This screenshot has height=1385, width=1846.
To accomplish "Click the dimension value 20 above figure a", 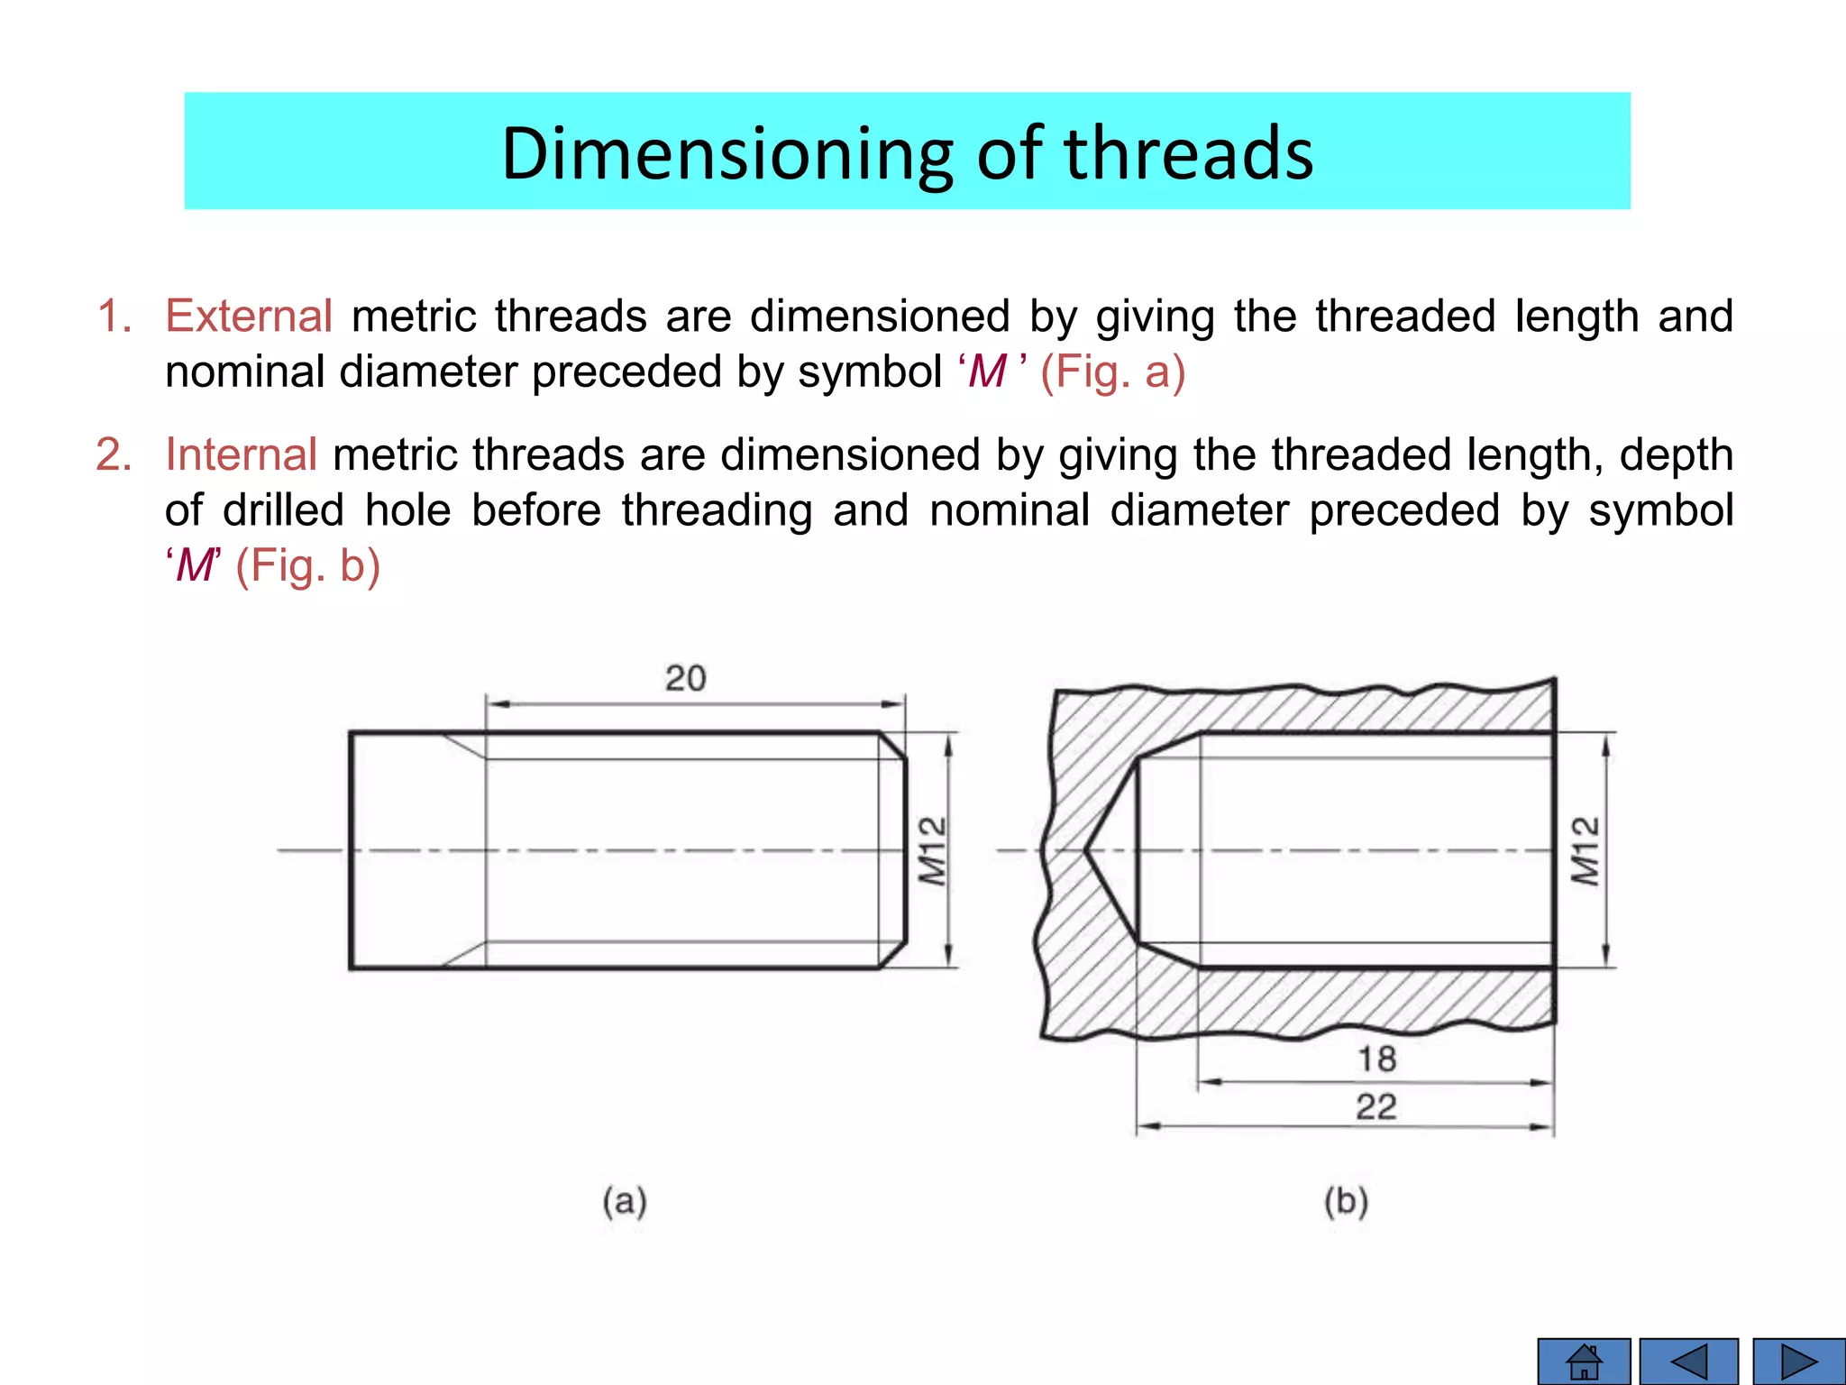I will tap(685, 678).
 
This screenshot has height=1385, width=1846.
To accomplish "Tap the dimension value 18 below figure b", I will tap(1376, 1059).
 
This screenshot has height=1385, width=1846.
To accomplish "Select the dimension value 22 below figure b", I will tap(1376, 1106).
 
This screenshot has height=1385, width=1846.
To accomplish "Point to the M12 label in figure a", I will tap(933, 851).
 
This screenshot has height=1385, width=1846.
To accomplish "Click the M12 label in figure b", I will tap(1586, 851).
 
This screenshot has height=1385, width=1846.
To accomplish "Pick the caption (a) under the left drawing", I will tap(625, 1202).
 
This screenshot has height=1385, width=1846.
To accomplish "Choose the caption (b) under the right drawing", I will tap(1346, 1202).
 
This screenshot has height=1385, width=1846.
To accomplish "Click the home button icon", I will tap(1584, 1362).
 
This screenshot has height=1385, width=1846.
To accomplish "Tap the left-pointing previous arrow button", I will tap(1688, 1362).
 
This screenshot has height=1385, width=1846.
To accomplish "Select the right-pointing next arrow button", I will tap(1799, 1362).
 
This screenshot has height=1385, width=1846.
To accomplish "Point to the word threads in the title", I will tap(1189, 153).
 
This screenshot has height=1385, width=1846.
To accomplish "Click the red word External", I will tap(249, 316).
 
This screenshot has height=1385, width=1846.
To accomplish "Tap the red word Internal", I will tap(241, 454).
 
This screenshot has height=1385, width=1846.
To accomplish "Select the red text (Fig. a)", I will tap(1112, 372).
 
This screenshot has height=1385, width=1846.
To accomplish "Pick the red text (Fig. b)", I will tap(307, 566).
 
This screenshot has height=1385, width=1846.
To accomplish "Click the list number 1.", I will tap(114, 316).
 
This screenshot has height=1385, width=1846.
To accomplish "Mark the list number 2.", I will tap(114, 454).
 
